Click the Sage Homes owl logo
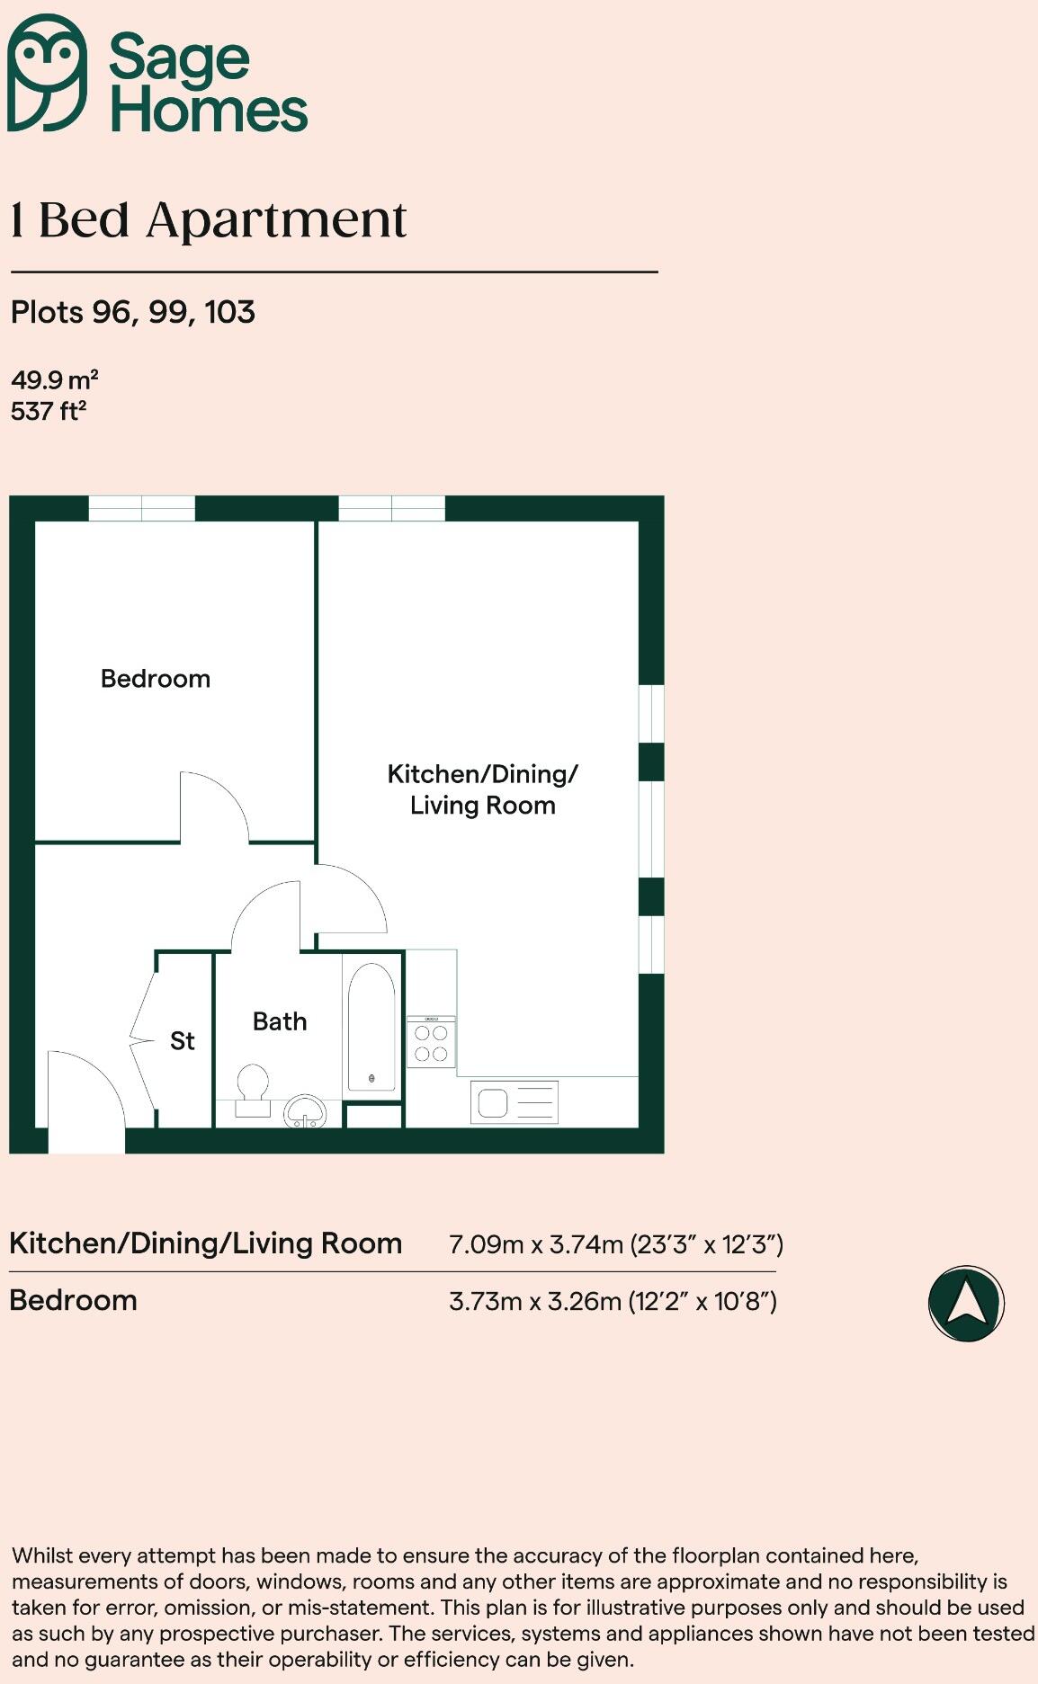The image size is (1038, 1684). coord(47,73)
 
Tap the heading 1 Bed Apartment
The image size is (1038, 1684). coord(209,220)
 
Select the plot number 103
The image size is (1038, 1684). coord(230,312)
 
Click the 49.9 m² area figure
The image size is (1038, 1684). coord(54,379)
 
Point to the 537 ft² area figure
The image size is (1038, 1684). coord(49,411)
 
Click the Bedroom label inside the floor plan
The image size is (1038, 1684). coord(156,679)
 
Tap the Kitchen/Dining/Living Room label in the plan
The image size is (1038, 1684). coord(482,789)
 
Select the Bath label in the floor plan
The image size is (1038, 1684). coord(280,1021)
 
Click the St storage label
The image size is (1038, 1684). coord(183,1041)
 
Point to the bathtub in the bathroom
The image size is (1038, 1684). coord(371,1027)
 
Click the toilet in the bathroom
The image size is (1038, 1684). coord(253,1089)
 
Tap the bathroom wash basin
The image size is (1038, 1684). coord(306,1112)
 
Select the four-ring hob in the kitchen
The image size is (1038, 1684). coord(431,1042)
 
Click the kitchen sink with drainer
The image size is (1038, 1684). coord(514,1102)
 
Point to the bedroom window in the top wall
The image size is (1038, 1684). coord(141,508)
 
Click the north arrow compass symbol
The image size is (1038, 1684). coord(966,1304)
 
